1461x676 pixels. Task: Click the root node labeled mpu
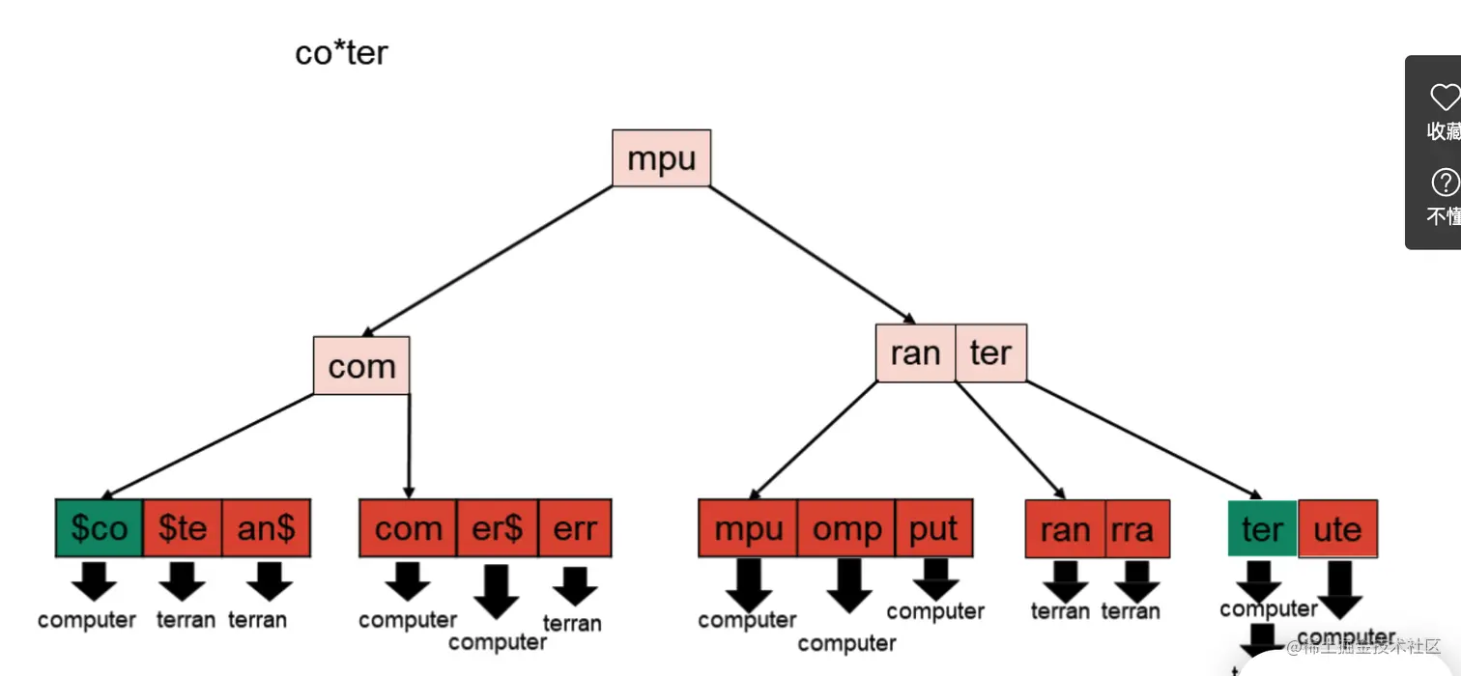click(662, 158)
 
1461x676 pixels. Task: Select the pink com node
click(361, 366)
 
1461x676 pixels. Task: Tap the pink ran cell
click(915, 353)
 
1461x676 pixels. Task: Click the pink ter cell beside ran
click(990, 353)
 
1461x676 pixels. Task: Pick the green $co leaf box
click(100, 528)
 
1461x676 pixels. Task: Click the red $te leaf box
click(183, 528)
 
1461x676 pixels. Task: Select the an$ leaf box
click(267, 528)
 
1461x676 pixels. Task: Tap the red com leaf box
click(408, 528)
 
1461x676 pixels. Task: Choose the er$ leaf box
click(497, 528)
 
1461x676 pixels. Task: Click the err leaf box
click(575, 528)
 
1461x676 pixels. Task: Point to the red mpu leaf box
click(748, 528)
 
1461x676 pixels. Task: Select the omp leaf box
click(846, 528)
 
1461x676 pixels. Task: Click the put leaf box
click(933, 528)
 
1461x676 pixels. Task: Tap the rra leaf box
click(1137, 529)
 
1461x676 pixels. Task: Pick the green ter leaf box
click(1262, 528)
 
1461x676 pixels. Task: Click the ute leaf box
click(1337, 528)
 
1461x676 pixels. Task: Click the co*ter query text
click(341, 53)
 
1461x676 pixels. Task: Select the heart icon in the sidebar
click(1444, 97)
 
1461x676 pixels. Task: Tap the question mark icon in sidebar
click(1444, 182)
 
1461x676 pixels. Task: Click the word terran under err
click(572, 624)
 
